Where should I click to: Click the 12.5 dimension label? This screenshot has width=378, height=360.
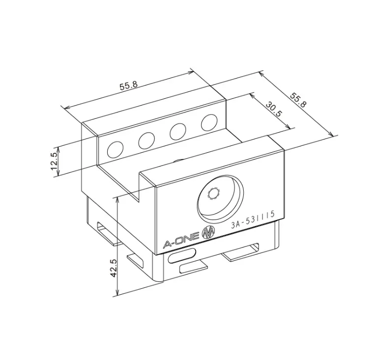[x=54, y=161]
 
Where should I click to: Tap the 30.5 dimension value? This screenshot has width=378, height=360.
[x=273, y=109]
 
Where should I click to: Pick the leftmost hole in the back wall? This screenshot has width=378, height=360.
[x=116, y=148]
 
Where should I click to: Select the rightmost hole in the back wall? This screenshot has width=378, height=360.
[x=209, y=122]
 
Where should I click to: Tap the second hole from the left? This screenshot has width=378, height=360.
[x=146, y=140]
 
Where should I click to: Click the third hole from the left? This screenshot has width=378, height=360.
[x=177, y=131]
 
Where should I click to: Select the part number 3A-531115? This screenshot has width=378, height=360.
[x=252, y=222]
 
